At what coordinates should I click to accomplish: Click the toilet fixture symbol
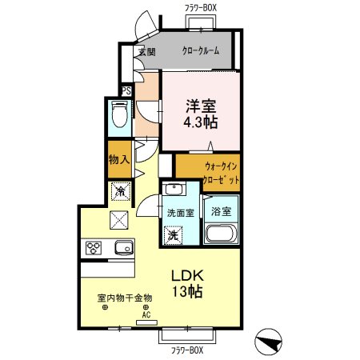(119, 114)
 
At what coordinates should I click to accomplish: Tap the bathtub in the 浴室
(221, 234)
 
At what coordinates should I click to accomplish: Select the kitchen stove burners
(94, 248)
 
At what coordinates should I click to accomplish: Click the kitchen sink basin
(124, 248)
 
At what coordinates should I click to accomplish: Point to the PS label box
(126, 91)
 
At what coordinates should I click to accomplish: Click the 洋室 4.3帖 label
(201, 114)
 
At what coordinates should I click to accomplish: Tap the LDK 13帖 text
(187, 283)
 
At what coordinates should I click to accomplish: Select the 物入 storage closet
(119, 159)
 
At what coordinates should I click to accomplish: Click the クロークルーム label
(201, 50)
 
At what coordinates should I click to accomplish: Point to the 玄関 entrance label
(147, 51)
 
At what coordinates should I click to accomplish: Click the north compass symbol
(268, 342)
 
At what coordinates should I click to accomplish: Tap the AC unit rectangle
(146, 323)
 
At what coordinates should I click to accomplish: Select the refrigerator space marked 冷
(121, 191)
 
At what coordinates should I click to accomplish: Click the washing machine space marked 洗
(173, 235)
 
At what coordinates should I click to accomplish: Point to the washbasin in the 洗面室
(174, 190)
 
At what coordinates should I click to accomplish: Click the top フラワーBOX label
(201, 8)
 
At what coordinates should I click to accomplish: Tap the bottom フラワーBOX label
(187, 350)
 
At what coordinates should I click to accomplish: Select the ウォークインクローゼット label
(221, 173)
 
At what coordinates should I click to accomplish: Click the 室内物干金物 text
(125, 298)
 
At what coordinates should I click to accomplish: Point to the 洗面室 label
(181, 213)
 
